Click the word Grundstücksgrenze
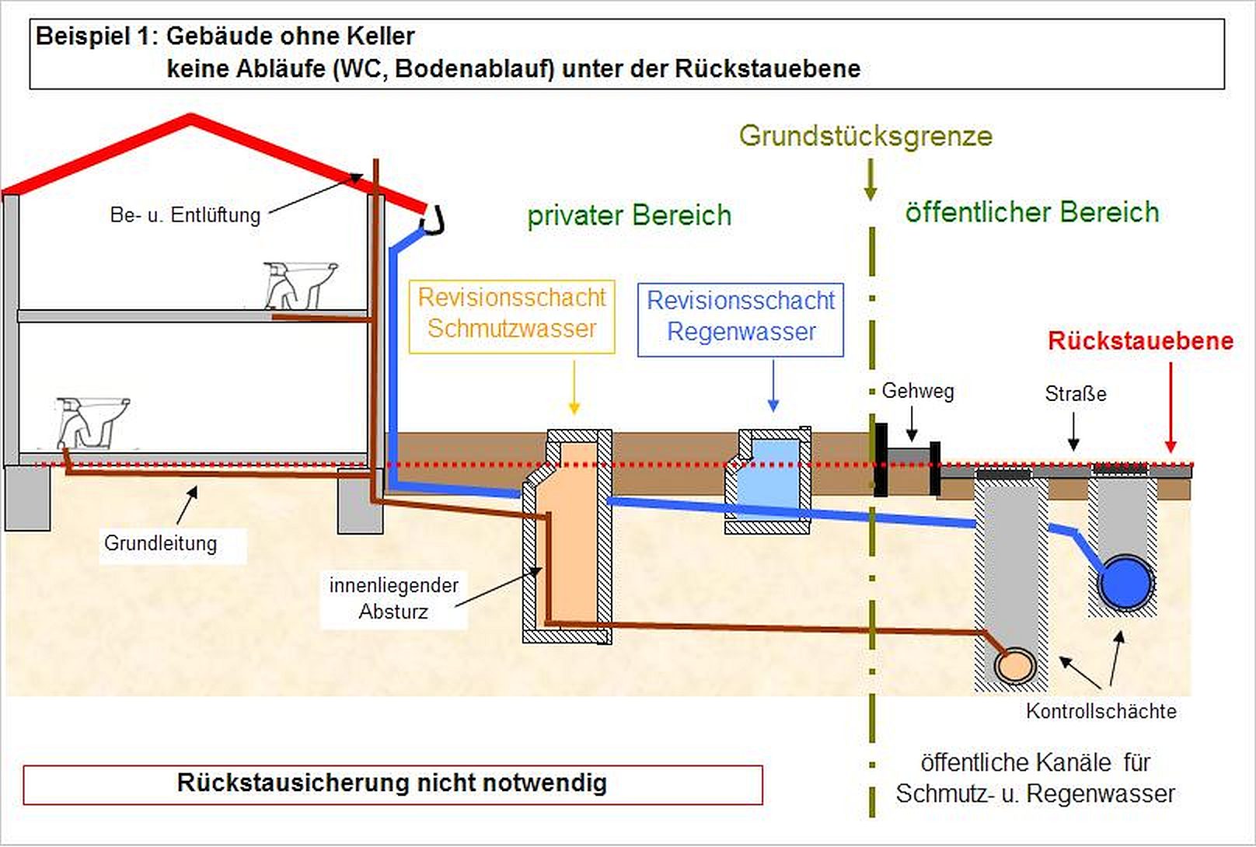(865, 136)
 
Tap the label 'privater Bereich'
(629, 215)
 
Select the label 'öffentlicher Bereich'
(1031, 212)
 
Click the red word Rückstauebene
(1139, 340)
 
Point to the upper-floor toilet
(300, 284)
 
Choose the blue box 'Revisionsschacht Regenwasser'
(740, 317)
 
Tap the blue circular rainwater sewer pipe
(1125, 583)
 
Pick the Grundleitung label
(160, 543)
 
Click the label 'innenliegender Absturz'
(393, 598)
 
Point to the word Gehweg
(917, 391)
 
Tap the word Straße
(1075, 394)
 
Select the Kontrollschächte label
(1101, 711)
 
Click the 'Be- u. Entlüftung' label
(185, 214)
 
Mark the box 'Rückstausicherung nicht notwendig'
(392, 783)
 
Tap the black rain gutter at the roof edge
(433, 221)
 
